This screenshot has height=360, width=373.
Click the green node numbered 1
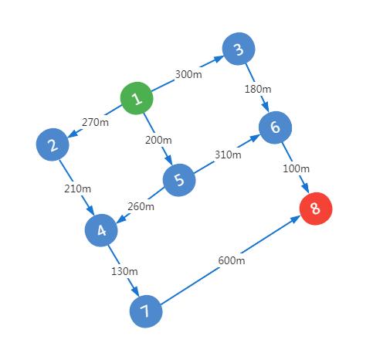pyautogui.click(x=137, y=98)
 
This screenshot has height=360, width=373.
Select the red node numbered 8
pyautogui.click(x=316, y=209)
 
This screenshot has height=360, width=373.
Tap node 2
pyautogui.click(x=53, y=144)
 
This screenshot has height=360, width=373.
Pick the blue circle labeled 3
pyautogui.click(x=239, y=49)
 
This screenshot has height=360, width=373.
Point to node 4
pyautogui.click(x=101, y=230)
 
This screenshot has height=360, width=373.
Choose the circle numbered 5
pyautogui.click(x=179, y=180)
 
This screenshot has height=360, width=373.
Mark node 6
pyautogui.click(x=275, y=127)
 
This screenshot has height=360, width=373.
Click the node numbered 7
pyautogui.click(x=146, y=311)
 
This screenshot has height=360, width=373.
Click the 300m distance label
pyautogui.click(x=188, y=74)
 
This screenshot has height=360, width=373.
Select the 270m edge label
pyautogui.click(x=95, y=122)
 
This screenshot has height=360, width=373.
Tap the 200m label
pyautogui.click(x=158, y=140)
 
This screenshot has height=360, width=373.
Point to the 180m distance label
pyautogui.click(x=258, y=89)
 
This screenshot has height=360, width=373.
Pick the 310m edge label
pyautogui.click(x=228, y=155)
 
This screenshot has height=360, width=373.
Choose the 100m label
pyautogui.click(x=296, y=168)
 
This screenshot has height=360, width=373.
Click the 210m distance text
pyautogui.click(x=77, y=188)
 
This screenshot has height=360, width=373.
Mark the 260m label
pyautogui.click(x=141, y=206)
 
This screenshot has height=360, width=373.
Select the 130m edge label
pyautogui.click(x=124, y=271)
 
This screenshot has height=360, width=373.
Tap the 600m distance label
pyautogui.click(x=232, y=260)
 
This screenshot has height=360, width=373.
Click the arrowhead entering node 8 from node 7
pyautogui.click(x=296, y=219)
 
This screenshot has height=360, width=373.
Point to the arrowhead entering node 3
pyautogui.click(x=219, y=59)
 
